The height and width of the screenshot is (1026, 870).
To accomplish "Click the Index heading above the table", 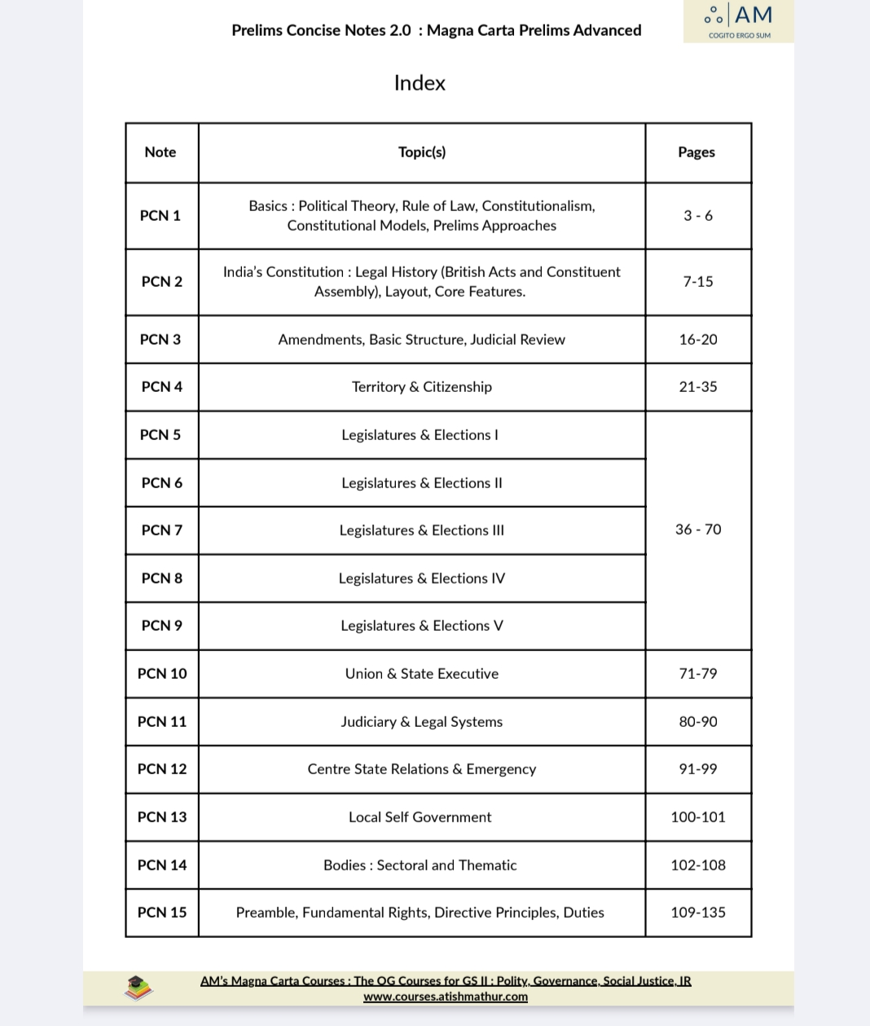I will tap(420, 83).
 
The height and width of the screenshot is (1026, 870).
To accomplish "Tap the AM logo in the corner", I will tap(739, 20).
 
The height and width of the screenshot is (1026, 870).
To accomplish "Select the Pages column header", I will tap(696, 152).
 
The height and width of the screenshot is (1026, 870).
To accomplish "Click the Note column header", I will tap(160, 152).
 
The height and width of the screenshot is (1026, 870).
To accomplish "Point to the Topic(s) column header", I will tap(422, 152).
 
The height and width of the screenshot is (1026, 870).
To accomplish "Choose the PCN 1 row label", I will tap(160, 216).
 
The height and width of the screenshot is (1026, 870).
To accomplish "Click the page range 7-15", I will tap(698, 282).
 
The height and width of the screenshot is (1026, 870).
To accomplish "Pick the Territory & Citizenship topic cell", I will tap(422, 387).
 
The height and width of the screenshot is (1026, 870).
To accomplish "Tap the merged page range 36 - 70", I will tap(698, 530).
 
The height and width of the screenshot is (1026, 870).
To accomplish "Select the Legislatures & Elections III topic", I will tap(422, 531).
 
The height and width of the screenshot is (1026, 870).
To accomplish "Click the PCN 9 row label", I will tap(162, 626).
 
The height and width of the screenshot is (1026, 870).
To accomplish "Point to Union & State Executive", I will tap(422, 674).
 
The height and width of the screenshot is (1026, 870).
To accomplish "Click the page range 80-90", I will tap(698, 722).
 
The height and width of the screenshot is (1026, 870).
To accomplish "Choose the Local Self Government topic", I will tap(420, 817).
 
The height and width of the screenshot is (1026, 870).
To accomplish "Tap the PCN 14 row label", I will tap(162, 865).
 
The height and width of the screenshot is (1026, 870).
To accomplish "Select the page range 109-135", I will tap(698, 913).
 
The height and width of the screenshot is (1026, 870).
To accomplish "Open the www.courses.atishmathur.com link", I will tap(446, 997).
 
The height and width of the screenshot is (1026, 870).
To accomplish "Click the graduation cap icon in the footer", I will tap(138, 988).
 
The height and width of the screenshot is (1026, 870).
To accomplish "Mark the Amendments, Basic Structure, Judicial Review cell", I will tap(422, 340).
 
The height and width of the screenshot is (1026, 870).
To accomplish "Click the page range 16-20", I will tap(698, 340).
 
